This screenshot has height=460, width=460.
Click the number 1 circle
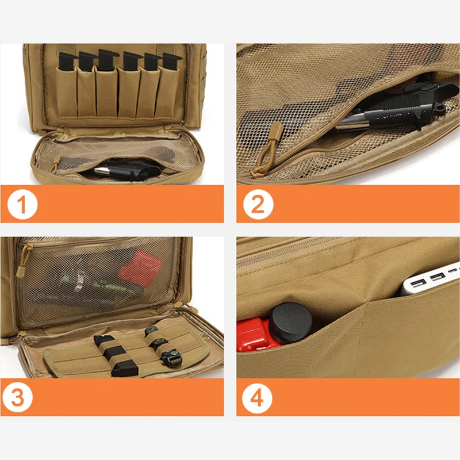(x=22, y=204)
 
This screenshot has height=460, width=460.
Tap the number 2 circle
(x=258, y=204)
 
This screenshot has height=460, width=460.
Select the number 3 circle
(x=22, y=397)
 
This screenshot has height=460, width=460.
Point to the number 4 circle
(x=258, y=397)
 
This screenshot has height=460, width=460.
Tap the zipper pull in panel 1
(x=55, y=164)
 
